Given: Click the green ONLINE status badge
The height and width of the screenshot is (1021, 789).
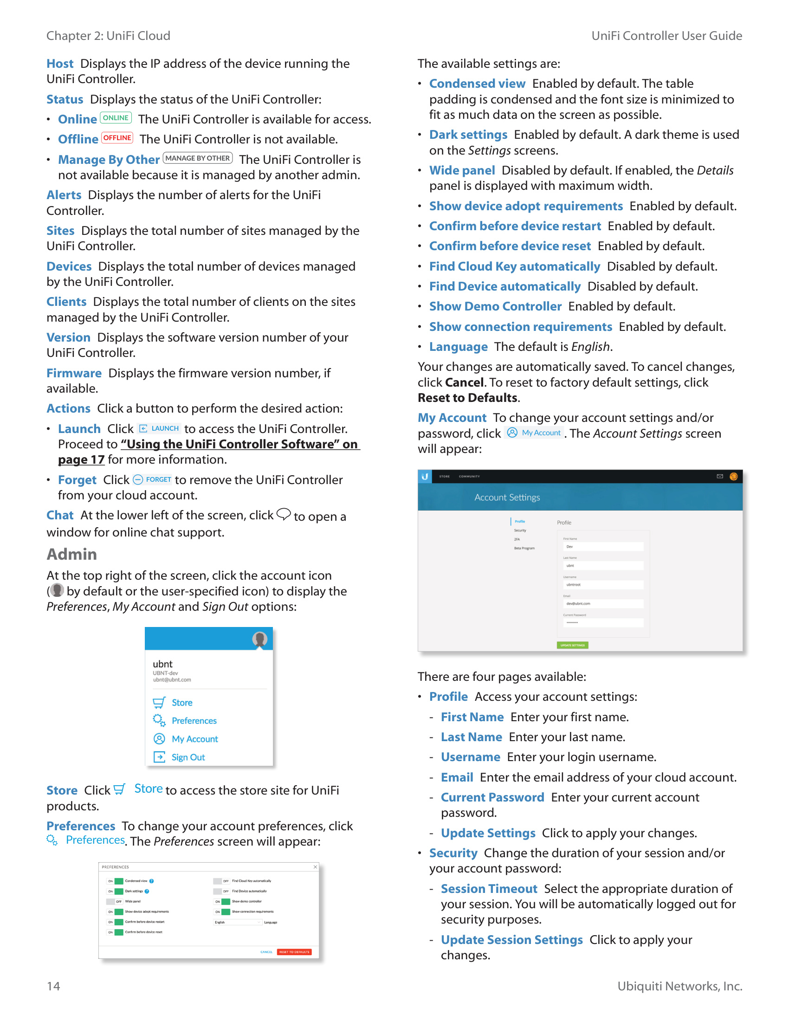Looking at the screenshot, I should click(x=116, y=118).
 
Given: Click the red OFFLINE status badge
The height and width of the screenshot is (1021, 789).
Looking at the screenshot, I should click(x=117, y=138).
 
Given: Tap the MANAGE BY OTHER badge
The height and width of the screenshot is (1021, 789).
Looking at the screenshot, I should click(x=198, y=158).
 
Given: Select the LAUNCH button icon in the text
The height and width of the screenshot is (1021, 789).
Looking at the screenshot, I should click(x=159, y=429).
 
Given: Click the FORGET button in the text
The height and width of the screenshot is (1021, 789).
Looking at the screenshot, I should click(x=152, y=480).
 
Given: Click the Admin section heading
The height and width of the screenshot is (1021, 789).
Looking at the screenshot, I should click(x=71, y=555).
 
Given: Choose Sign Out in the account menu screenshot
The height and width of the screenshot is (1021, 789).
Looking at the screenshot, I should click(x=188, y=757).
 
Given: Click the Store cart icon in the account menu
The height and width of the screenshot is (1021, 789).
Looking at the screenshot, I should click(x=159, y=703).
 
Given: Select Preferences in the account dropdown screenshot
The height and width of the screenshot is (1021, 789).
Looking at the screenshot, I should click(x=194, y=721).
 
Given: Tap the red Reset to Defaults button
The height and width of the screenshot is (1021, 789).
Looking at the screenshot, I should click(x=294, y=952).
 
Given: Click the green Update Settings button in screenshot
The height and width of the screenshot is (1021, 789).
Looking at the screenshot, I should click(x=572, y=645).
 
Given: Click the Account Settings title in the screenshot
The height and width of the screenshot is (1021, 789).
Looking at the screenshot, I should click(x=507, y=498).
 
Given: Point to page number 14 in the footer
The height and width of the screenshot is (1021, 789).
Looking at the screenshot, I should click(x=53, y=986).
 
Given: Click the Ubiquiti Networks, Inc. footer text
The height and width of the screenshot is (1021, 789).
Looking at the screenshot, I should click(x=679, y=986).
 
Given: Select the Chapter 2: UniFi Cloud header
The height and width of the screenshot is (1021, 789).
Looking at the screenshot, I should click(x=108, y=36).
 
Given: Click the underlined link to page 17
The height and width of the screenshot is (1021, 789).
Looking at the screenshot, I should click(x=81, y=460).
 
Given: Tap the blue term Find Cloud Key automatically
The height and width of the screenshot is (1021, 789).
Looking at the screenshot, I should click(x=514, y=266).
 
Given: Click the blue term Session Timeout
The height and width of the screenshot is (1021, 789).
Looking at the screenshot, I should click(x=488, y=889).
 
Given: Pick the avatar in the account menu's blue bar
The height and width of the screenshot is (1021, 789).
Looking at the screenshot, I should click(x=259, y=639).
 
